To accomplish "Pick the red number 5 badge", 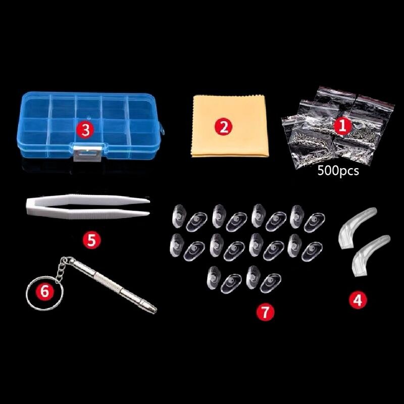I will (x=91, y=240).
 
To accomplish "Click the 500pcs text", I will (x=338, y=171).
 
